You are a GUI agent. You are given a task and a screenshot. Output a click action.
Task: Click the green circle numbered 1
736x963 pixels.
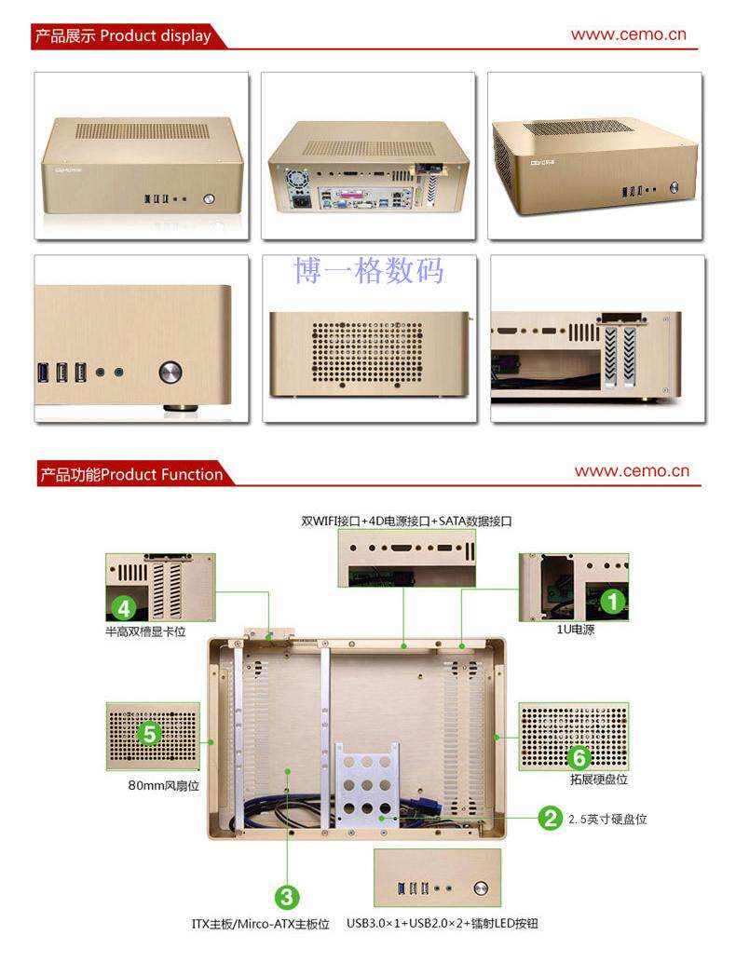[612, 602]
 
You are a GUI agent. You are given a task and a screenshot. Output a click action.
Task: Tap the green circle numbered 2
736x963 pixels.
[551, 819]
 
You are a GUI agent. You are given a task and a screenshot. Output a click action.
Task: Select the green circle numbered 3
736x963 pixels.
[287, 897]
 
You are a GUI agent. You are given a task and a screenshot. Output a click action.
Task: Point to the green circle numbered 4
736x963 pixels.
[123, 609]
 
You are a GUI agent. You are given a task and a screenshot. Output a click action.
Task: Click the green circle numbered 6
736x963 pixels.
[579, 756]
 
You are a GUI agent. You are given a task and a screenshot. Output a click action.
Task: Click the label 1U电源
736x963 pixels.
[576, 630]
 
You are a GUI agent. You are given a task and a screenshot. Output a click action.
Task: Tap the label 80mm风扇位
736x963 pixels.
[164, 785]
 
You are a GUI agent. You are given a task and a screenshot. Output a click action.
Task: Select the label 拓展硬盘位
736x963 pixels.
[598, 780]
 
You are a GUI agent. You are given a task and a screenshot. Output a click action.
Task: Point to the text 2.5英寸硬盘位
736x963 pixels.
[607, 820]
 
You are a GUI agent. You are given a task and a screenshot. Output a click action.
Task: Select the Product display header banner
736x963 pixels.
[123, 37]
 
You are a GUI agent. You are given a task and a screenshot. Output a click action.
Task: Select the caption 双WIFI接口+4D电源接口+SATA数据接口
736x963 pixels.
[406, 522]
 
